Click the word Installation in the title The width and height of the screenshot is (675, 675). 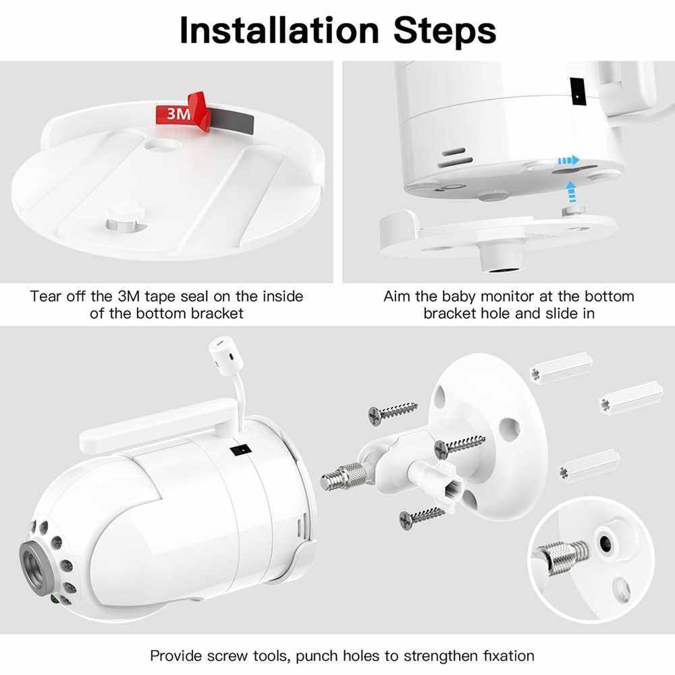[x=279, y=30]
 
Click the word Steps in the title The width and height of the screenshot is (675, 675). [x=445, y=30]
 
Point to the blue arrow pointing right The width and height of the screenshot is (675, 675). [x=568, y=161]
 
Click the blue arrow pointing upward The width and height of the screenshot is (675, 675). [x=571, y=191]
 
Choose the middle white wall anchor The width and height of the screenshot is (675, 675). [x=632, y=397]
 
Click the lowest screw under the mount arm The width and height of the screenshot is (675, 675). [x=421, y=516]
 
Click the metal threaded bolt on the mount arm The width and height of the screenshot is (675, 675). [x=344, y=476]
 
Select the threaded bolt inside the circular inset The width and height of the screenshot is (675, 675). [x=562, y=553]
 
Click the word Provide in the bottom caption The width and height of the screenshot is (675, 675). [x=176, y=655]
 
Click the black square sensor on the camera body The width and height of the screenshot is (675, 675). [x=241, y=450]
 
